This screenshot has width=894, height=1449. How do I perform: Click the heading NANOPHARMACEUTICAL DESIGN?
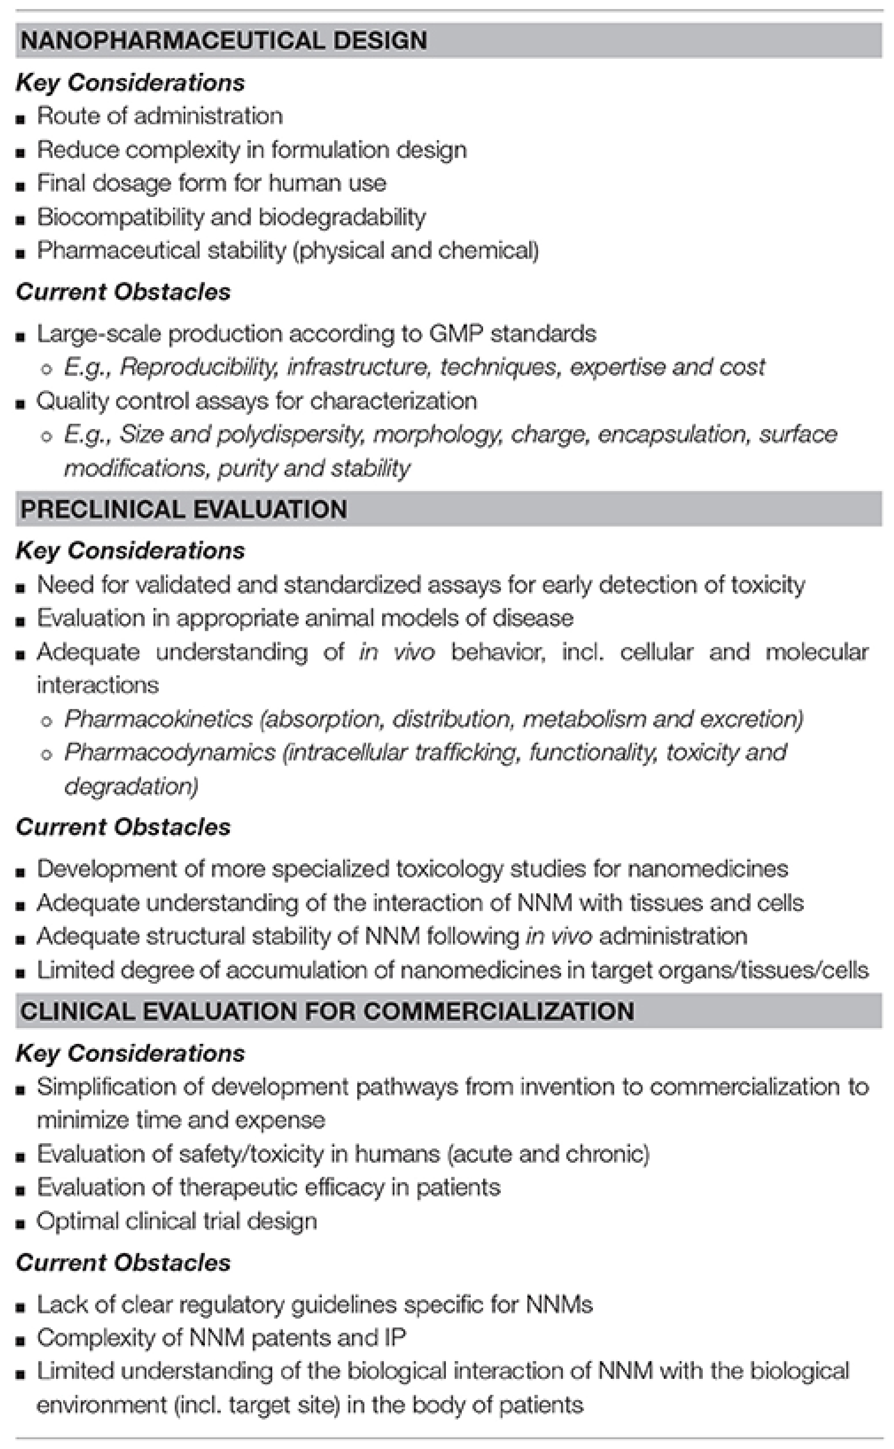(224, 40)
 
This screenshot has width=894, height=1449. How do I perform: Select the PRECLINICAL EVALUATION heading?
(183, 509)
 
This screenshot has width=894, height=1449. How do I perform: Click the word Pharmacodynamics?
(170, 753)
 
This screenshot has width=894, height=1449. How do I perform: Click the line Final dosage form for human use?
(211, 183)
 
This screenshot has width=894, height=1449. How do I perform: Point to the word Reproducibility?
(199, 368)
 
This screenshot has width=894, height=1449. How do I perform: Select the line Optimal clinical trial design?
(177, 1221)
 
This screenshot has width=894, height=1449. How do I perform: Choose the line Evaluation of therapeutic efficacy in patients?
(269, 1187)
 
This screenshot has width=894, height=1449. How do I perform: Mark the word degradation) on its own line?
(131, 786)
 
